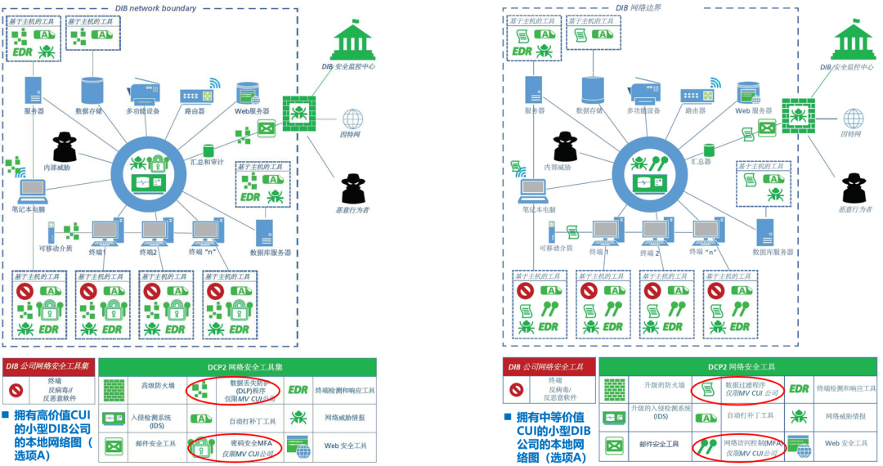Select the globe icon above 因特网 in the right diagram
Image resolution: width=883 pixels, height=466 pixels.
tap(851, 118)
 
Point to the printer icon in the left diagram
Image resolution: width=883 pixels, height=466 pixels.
tap(143, 92)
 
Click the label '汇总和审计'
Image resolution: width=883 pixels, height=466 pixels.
tap(207, 162)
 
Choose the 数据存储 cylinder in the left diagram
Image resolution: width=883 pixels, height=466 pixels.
tap(92, 91)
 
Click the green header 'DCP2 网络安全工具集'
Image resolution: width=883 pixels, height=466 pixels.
tap(236, 368)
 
